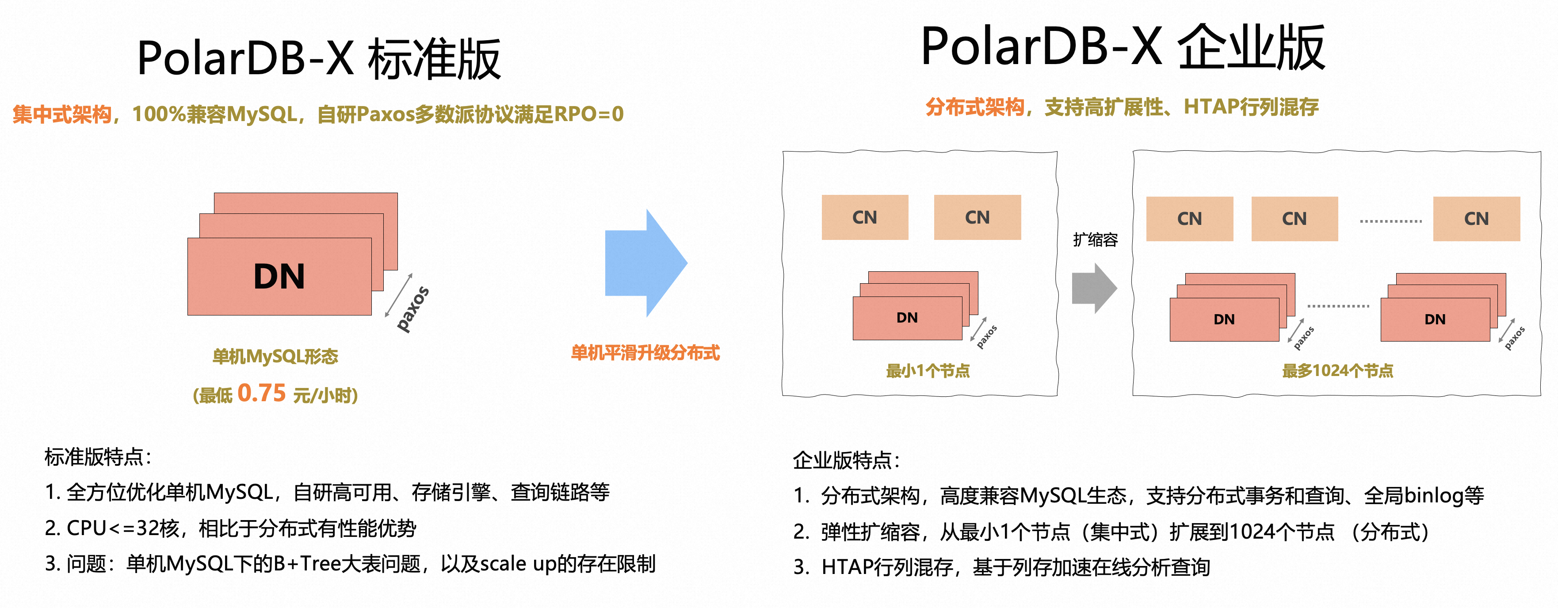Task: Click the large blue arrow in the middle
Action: click(644, 263)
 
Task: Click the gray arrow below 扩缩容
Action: click(1093, 288)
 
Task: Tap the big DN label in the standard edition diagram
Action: click(279, 277)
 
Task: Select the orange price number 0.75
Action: click(261, 393)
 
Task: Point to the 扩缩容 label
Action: click(1095, 240)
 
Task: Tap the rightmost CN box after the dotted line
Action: click(1476, 219)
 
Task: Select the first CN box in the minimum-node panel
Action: click(864, 217)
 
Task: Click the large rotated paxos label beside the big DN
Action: click(413, 309)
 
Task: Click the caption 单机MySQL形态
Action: click(275, 357)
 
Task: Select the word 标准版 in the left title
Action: click(434, 59)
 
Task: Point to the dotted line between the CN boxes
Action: click(1390, 221)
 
